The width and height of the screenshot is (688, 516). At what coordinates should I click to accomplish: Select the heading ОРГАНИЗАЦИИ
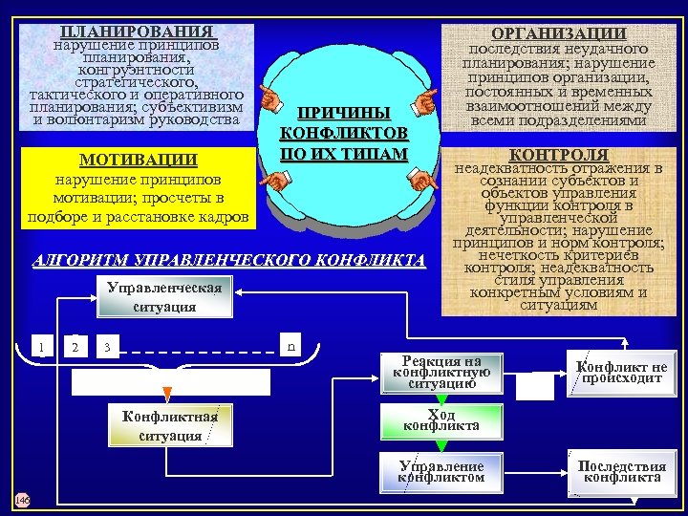(558, 33)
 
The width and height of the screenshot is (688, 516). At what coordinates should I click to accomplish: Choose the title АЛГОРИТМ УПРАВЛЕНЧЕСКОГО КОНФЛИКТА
(229, 260)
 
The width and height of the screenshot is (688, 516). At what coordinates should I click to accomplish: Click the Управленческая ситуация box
(164, 297)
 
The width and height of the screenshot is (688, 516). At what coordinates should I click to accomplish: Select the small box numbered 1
(40, 345)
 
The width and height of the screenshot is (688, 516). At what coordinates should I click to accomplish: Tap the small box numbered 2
(75, 345)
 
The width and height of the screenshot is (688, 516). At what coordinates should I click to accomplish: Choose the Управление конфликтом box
(441, 471)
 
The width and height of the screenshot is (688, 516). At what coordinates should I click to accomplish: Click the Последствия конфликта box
(621, 471)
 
